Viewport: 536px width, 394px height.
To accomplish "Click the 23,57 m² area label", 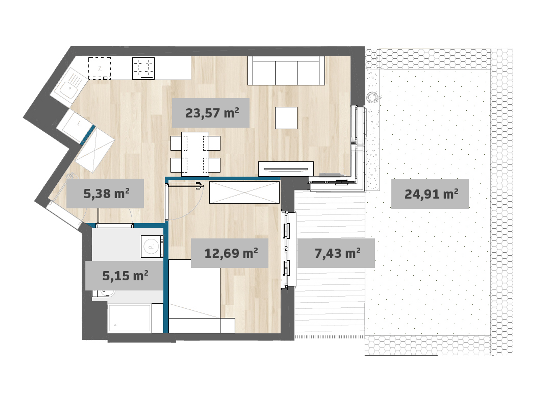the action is pyautogui.click(x=212, y=113).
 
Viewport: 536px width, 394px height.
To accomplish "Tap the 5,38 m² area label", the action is pyautogui.click(x=106, y=194).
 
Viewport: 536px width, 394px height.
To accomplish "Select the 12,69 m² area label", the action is pyautogui.click(x=231, y=253).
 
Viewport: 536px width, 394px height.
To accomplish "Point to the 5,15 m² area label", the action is pyautogui.click(x=125, y=276).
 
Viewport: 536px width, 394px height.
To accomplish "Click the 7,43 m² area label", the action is pyautogui.click(x=337, y=253).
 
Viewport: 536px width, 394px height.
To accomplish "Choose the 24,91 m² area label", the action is pyautogui.click(x=431, y=194).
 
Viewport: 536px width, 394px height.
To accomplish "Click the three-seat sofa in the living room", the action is pyautogui.click(x=286, y=70).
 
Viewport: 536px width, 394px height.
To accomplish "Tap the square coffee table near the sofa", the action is pyautogui.click(x=286, y=118).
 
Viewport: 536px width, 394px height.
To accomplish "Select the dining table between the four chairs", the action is pyautogui.click(x=195, y=154).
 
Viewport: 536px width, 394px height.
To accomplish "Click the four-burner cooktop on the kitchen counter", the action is pyautogui.click(x=143, y=68).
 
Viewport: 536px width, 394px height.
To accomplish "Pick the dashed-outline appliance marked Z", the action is pyautogui.click(x=100, y=68).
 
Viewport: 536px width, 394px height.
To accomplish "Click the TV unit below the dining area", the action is pyautogui.click(x=286, y=169).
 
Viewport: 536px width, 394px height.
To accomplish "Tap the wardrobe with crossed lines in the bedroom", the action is pyautogui.click(x=244, y=192).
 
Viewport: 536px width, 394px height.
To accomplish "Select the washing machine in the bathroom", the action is pyautogui.click(x=152, y=246).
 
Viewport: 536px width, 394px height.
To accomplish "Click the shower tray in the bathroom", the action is pyautogui.click(x=129, y=318).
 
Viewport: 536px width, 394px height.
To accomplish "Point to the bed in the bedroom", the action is pyautogui.click(x=201, y=296).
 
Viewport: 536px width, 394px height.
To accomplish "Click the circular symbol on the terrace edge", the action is pyautogui.click(x=372, y=98).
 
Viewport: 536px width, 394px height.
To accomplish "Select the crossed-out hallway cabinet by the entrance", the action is pyautogui.click(x=95, y=150).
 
